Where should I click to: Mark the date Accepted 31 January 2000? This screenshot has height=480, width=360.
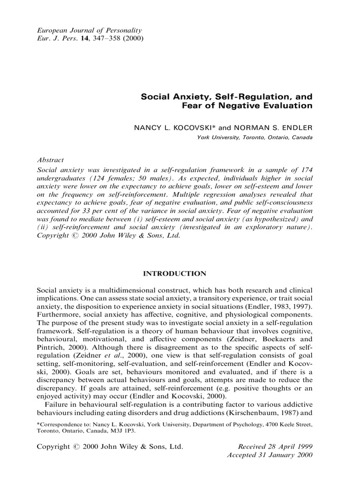click(270, 455)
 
